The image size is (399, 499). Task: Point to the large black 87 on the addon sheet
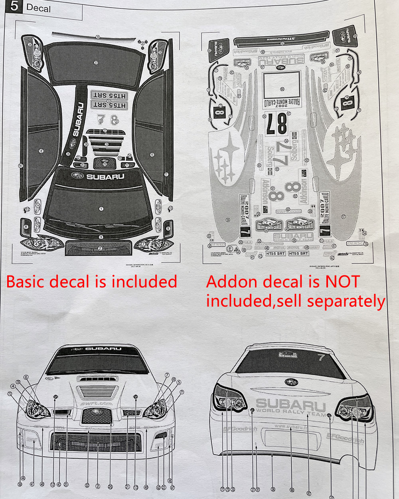pos(276,124)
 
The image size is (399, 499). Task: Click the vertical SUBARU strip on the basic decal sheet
pos(79,120)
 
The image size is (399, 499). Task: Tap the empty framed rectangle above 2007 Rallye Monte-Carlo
pos(282,85)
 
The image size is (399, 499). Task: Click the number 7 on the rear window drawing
pos(322,357)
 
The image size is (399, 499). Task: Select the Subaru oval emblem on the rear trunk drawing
pos(291,382)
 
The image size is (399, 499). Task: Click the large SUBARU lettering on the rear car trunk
pos(291,405)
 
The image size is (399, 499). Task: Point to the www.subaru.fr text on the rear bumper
pos(291,426)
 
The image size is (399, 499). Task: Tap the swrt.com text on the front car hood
pos(96,404)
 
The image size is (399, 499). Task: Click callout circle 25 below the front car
pos(110,487)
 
